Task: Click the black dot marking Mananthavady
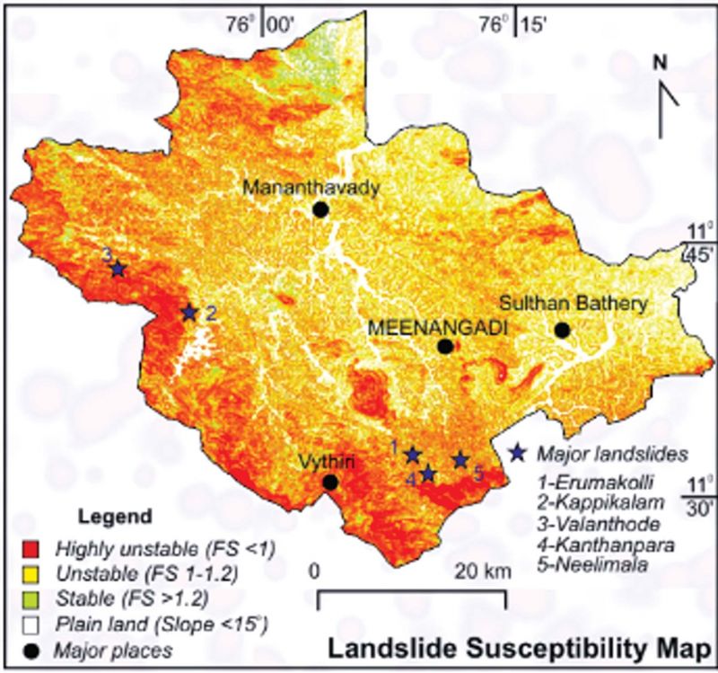coord(320,209)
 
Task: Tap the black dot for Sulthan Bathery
coord(562,330)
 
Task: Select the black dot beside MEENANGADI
coord(444,346)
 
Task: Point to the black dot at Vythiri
coord(330,483)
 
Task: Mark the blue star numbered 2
coord(188,313)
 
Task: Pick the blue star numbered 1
coord(412,455)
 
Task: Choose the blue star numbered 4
coord(428,474)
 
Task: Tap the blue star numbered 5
coord(460,460)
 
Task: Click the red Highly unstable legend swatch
coord(35,547)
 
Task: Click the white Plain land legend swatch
coord(35,621)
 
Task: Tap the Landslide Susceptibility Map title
coord(518,648)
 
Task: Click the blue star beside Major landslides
coord(518,452)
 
